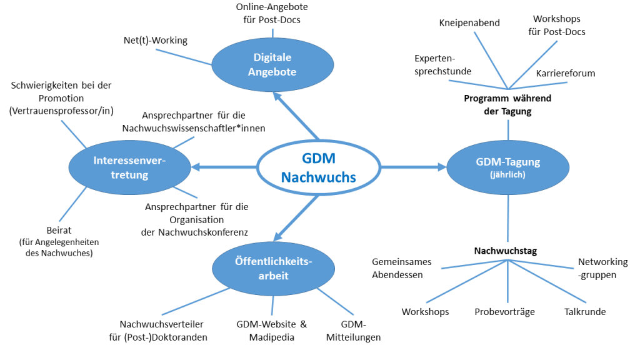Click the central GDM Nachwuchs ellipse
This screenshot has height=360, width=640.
coord(319,167)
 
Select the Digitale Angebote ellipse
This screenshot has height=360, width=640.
coord(272,64)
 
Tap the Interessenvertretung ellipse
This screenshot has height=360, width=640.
coord(129,167)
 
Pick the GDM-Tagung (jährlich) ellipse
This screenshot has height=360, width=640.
coord(507,167)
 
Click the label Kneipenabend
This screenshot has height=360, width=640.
coord(469,23)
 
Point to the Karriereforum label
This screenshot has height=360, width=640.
coord(565,73)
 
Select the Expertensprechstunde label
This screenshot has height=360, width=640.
coord(442,64)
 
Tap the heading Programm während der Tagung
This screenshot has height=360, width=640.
coord(507,104)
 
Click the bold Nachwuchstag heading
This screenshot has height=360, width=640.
coord(506,251)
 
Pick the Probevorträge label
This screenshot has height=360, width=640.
coord(504,312)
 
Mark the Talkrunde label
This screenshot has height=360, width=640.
coord(585,312)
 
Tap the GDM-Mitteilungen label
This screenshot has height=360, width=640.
coord(353,331)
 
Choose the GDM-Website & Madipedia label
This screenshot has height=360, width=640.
coord(272,331)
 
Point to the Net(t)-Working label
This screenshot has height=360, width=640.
coord(156,41)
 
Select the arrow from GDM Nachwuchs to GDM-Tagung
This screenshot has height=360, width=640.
coord(412,167)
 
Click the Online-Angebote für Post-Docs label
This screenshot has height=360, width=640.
coord(272,14)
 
